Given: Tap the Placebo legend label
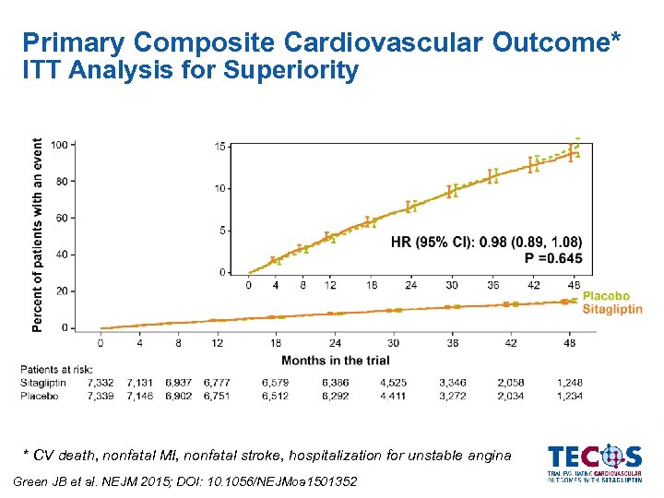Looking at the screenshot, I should [606, 297].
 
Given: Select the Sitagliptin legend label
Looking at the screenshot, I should [612, 310].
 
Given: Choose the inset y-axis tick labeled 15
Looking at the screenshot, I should [219, 147].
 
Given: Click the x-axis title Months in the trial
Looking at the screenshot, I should [336, 361].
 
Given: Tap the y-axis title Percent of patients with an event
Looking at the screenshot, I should [38, 235].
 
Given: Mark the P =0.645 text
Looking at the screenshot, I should [553, 259].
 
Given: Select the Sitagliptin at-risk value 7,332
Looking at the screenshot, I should [101, 382].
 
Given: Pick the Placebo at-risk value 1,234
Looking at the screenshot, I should [569, 396].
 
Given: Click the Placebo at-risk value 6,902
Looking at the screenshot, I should [180, 396].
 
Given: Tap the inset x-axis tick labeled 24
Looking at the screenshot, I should [411, 285].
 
